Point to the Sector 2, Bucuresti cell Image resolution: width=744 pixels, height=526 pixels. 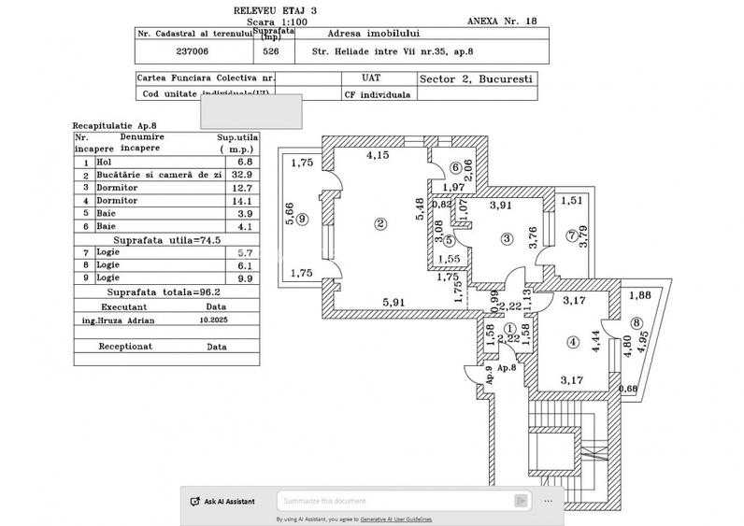pos(477,79)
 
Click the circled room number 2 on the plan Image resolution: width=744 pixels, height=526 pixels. pos(379,223)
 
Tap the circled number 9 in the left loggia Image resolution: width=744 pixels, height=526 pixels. pos(302,220)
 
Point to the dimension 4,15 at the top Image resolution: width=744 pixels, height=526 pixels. pos(379,154)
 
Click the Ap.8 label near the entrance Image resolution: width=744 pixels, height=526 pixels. pos(506,368)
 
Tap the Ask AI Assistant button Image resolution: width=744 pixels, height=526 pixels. pos(222,501)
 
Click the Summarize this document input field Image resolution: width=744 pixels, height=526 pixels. pos(402,501)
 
